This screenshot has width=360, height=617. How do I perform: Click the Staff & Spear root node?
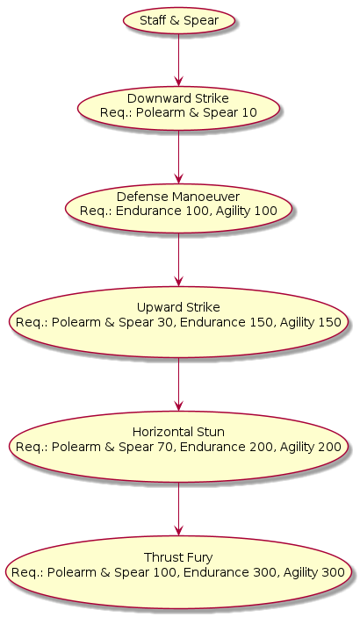pyautogui.click(x=179, y=20)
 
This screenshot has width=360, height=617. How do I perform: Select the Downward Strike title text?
pyautogui.click(x=178, y=98)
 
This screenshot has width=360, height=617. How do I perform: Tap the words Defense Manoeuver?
pyautogui.click(x=178, y=197)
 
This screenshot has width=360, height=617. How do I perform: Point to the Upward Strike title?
pyautogui.click(x=178, y=307)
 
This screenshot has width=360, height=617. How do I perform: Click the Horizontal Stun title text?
pyautogui.click(x=178, y=432)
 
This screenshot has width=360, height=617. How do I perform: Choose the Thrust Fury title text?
pyautogui.click(x=178, y=557)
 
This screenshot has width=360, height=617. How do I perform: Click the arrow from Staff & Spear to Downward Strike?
pyautogui.click(x=179, y=60)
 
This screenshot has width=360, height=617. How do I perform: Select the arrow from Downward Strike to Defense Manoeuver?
pyautogui.click(x=179, y=157)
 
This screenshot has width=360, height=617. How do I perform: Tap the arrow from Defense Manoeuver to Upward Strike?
pyautogui.click(x=179, y=259)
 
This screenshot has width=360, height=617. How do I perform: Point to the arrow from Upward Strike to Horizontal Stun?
pyautogui.click(x=179, y=384)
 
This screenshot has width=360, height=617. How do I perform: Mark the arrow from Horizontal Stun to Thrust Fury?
pyautogui.click(x=179, y=510)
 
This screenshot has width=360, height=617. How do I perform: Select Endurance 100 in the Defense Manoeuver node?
pyautogui.click(x=162, y=211)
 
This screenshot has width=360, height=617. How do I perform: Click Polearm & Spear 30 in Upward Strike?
pyautogui.click(x=113, y=322)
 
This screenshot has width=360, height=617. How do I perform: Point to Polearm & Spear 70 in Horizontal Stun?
pyautogui.click(x=113, y=447)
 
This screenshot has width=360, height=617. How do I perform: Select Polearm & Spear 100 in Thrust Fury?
pyautogui.click(x=112, y=572)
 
